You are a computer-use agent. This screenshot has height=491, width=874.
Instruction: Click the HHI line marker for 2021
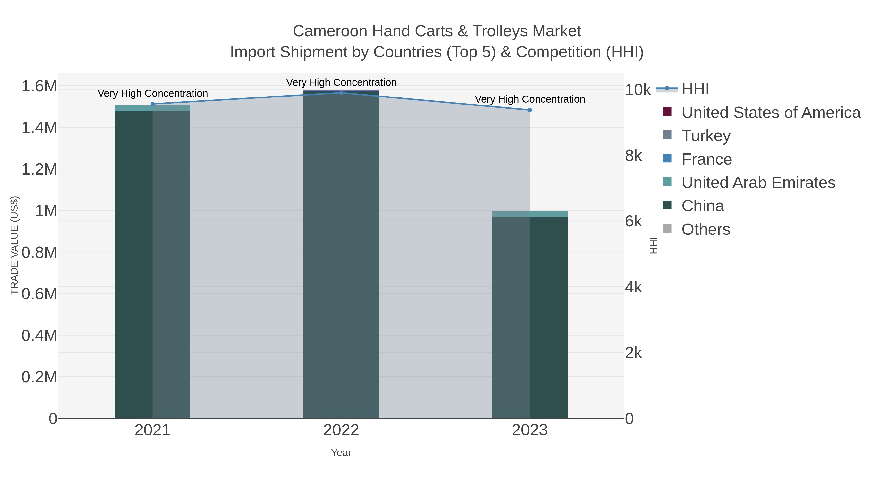[152, 104]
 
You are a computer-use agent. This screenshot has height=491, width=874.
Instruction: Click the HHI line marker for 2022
[341, 93]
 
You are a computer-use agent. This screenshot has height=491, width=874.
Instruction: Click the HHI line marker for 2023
[530, 110]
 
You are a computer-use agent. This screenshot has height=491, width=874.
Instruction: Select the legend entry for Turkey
[706, 136]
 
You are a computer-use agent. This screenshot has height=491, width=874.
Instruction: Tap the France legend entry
[706, 159]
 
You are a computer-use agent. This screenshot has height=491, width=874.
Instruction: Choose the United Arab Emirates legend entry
[758, 183]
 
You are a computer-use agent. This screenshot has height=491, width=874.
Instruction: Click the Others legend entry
[705, 229]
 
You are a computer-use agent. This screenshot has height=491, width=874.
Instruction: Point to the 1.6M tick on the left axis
[39, 86]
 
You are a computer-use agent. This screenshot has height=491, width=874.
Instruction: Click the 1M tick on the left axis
[46, 211]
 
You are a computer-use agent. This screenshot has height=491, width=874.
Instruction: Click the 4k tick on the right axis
[633, 287]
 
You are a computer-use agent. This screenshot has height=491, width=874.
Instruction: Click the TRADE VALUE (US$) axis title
[14, 245]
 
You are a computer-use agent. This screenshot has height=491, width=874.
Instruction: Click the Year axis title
[341, 453]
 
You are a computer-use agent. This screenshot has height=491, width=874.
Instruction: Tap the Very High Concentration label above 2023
[530, 99]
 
